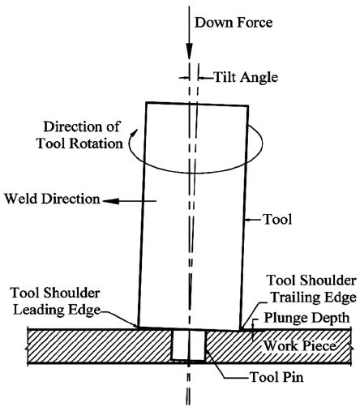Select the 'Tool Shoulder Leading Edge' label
click(58, 299)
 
